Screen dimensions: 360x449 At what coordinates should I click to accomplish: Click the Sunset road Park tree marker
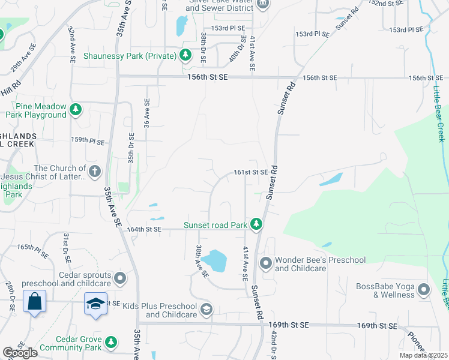[256, 224]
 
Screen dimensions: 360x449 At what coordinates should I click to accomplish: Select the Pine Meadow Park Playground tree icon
[76, 109]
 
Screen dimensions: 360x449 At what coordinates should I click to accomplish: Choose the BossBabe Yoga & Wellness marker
[424, 290]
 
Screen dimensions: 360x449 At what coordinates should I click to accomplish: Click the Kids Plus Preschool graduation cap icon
[206, 310]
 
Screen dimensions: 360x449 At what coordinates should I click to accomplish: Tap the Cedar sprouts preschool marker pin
[120, 278]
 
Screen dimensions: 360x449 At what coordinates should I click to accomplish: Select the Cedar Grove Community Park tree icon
[110, 343]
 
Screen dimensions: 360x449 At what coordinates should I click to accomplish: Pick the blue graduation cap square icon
[95, 304]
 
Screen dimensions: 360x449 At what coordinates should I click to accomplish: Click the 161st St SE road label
[250, 172]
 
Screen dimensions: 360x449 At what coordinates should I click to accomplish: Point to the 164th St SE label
[145, 229]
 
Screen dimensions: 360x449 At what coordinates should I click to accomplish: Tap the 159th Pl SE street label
[88, 142]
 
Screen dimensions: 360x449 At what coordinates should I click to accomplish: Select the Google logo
[20, 353]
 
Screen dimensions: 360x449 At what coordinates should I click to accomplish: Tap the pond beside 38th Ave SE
[214, 261]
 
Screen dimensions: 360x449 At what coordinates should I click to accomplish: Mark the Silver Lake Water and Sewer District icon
[262, 4]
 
